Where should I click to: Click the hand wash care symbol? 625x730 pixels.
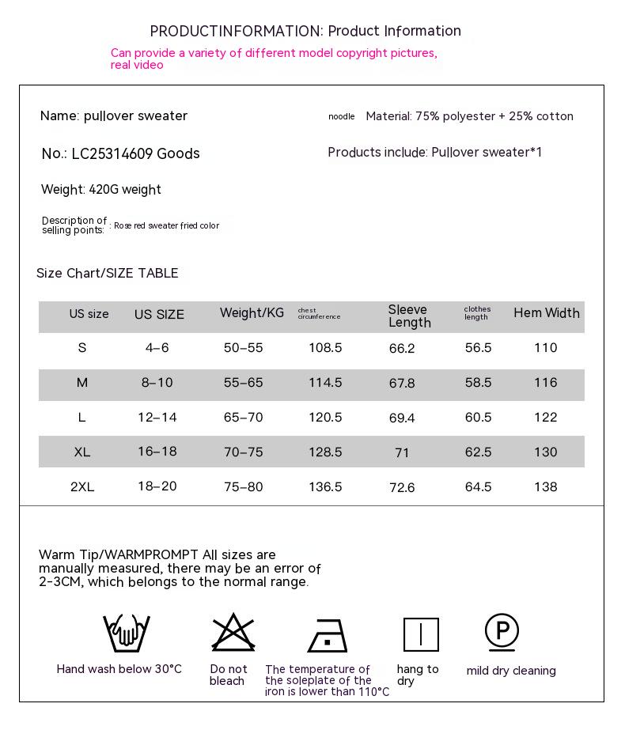click(x=126, y=633)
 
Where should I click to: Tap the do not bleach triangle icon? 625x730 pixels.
click(x=233, y=633)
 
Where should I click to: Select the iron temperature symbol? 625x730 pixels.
click(x=328, y=635)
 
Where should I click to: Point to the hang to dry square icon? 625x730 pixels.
click(x=421, y=634)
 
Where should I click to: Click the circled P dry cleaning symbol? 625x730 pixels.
click(x=502, y=632)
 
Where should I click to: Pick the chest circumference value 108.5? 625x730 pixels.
click(x=325, y=348)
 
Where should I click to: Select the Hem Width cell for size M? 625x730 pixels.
click(x=545, y=383)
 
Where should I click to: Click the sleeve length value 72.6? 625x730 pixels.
click(x=402, y=487)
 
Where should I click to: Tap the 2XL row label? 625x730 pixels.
click(x=82, y=487)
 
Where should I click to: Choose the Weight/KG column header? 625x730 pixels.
click(x=252, y=313)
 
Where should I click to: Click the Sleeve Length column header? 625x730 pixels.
click(x=410, y=316)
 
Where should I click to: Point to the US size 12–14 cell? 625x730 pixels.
click(x=157, y=418)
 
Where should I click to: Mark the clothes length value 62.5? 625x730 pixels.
click(x=478, y=452)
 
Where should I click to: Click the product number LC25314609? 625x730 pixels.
click(x=112, y=153)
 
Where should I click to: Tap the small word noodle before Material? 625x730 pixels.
click(x=342, y=117)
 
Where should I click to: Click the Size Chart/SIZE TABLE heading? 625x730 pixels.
click(x=108, y=274)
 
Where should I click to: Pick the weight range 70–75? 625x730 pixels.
click(x=243, y=452)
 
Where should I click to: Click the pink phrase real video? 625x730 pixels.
click(x=137, y=66)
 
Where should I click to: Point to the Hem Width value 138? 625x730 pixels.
click(x=545, y=487)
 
